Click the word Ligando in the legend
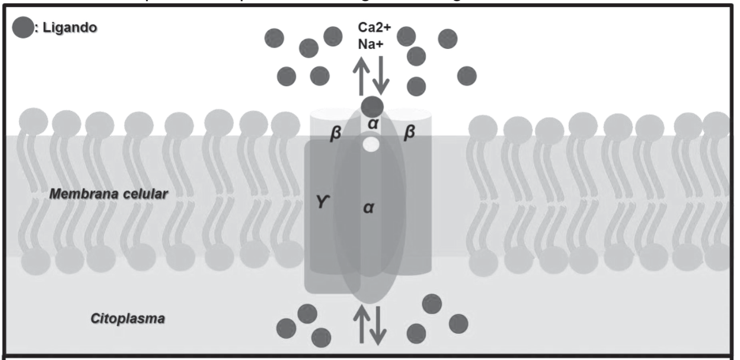[x=70, y=28]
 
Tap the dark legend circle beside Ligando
[x=22, y=28]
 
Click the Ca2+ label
[x=374, y=27]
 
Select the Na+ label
[x=370, y=44]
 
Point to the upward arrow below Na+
[x=361, y=76]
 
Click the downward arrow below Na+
[x=381, y=76]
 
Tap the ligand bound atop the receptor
[x=372, y=107]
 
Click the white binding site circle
[x=371, y=145]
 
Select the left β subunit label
[x=335, y=133]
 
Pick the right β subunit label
[x=409, y=132]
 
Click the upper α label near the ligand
[x=373, y=124]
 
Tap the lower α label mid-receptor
[x=368, y=207]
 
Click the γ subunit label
[x=322, y=202]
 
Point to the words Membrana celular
[x=108, y=194]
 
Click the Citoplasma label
[x=127, y=318]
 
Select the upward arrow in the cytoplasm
[x=362, y=324]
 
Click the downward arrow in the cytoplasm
[x=378, y=326]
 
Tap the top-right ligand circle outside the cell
[x=448, y=39]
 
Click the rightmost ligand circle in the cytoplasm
[x=458, y=324]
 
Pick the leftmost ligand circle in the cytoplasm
[x=286, y=328]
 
